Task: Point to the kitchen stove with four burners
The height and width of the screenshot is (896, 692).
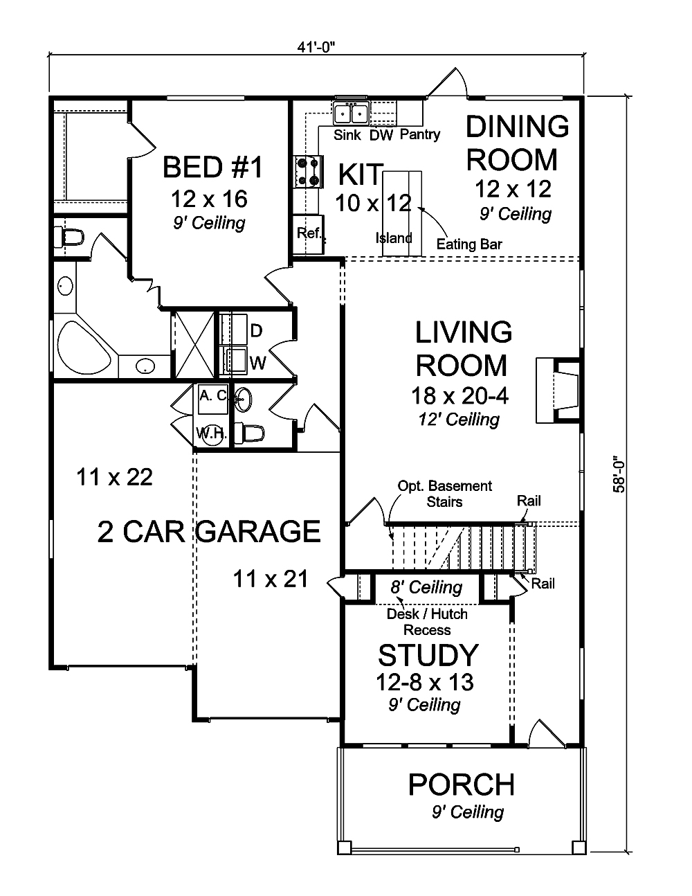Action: pos(308,171)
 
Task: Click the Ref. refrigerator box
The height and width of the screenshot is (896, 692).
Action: pos(309,233)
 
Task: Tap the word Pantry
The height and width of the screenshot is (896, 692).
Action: pos(419,134)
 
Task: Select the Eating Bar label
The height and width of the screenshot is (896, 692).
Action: pos(469,244)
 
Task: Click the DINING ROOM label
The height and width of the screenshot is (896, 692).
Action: pos(517,143)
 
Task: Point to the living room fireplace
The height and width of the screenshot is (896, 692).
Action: pos(558,391)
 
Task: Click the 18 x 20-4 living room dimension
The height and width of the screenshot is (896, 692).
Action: pos(459,396)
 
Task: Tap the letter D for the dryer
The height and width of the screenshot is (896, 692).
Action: pos(256,331)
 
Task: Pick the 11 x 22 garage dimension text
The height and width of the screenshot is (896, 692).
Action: pos(115,477)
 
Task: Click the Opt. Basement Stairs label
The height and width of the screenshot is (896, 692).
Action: pos(444,493)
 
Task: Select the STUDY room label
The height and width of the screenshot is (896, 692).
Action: pos(428,654)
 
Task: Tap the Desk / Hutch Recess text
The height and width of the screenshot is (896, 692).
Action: pos(427,622)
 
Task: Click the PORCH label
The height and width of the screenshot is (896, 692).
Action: pos(462,785)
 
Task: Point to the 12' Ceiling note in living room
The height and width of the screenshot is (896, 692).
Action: pos(459,420)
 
